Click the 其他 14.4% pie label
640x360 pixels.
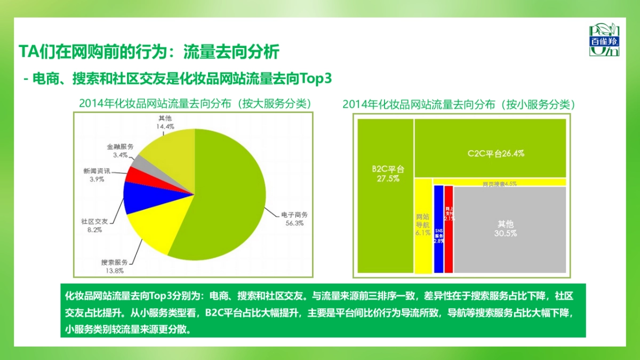pyautogui.click(x=165, y=122)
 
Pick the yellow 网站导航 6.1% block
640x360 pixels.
pyautogui.click(x=423, y=225)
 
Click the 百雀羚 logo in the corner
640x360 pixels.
pyautogui.click(x=604, y=40)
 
